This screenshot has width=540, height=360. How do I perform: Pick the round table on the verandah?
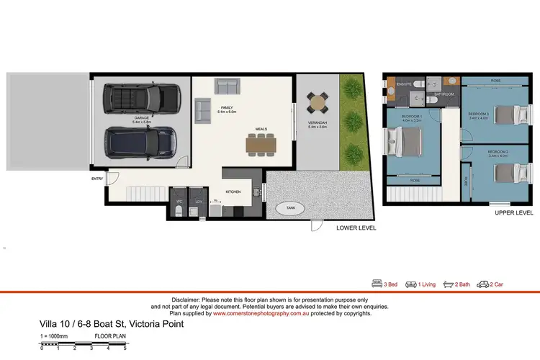point(317,104)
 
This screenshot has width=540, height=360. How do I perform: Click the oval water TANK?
point(290,208)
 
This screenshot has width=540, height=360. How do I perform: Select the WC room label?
point(179,201)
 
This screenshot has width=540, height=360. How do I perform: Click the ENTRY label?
point(96,178)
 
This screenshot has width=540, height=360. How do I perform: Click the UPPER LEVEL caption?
point(513,213)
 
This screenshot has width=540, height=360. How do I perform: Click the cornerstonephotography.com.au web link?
point(258,313)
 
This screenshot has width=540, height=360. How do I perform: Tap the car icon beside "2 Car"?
point(482,284)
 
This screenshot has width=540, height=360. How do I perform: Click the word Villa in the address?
point(48,324)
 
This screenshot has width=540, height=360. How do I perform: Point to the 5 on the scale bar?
point(125,348)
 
